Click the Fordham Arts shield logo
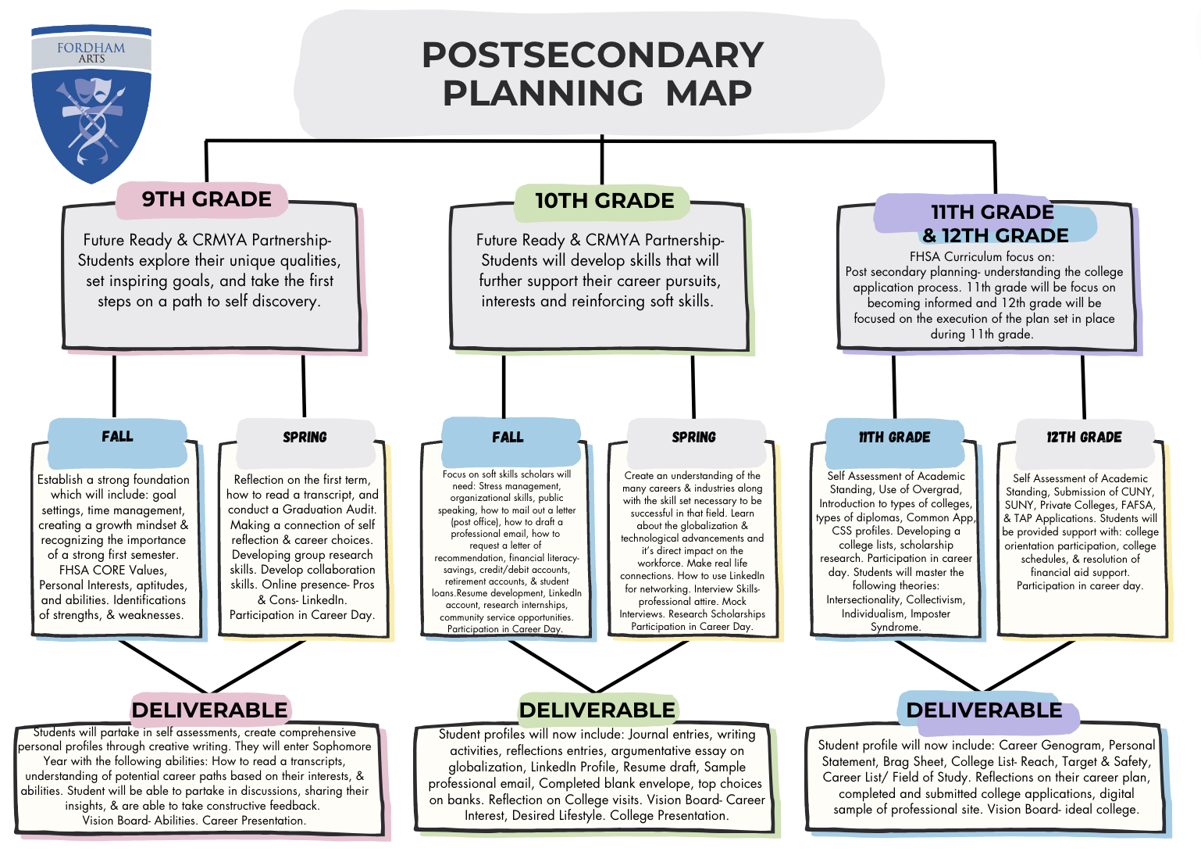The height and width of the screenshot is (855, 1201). tap(91, 106)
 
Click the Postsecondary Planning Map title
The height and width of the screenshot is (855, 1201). tap(593, 74)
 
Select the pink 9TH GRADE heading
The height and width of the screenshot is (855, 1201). tap(206, 199)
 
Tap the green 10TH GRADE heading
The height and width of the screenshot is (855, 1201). tap(604, 201)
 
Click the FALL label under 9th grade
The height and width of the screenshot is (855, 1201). tap(117, 436)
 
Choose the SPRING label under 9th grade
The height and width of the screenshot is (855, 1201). tap(305, 437)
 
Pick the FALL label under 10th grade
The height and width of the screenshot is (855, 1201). tap(508, 437)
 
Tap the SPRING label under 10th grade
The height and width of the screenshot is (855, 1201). tap(693, 437)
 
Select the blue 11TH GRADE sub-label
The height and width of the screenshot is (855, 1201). tap(894, 437)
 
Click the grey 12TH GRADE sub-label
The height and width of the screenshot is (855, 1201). tap(1084, 437)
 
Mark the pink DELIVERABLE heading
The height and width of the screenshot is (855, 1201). tap(210, 710)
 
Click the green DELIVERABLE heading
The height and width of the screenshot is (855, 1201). tap(597, 710)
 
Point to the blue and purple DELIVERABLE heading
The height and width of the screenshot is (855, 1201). tap(984, 710)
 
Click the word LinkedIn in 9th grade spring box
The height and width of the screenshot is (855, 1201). tap(324, 600)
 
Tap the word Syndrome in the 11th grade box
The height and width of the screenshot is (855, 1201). tap(895, 627)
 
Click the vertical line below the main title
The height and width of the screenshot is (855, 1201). tap(602, 160)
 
